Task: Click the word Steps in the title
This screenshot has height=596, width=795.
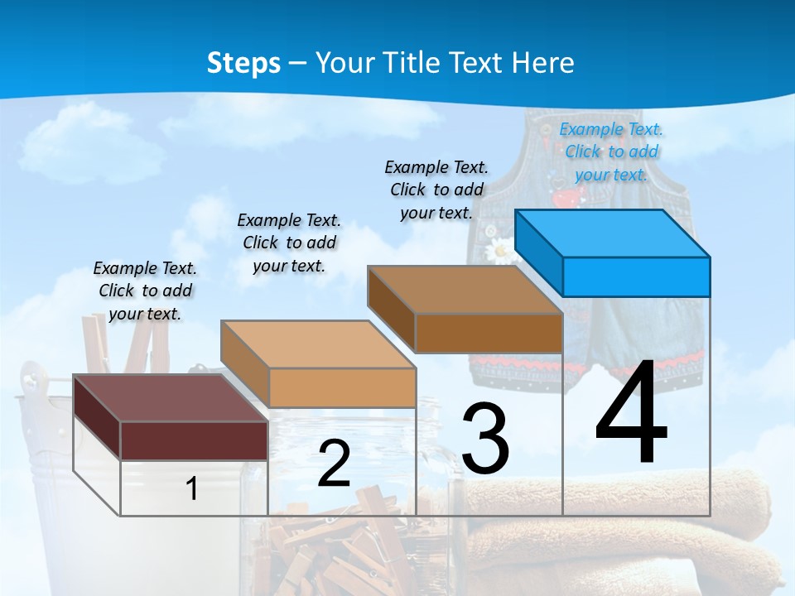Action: coord(243,63)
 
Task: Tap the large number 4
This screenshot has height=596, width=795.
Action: coord(631,411)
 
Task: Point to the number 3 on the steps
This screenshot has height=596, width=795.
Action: coord(485,439)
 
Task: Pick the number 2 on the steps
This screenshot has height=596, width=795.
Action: coord(334,464)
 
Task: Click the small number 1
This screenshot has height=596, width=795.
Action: coord(192,488)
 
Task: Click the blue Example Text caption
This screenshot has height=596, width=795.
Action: coord(611,151)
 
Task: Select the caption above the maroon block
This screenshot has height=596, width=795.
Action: coord(145,291)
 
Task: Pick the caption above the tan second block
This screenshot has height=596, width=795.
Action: coord(289,243)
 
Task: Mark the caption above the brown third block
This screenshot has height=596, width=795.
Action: coord(436,190)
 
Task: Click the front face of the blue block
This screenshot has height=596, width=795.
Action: coord(636,276)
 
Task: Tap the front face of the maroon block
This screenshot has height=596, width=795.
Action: coord(194,440)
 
